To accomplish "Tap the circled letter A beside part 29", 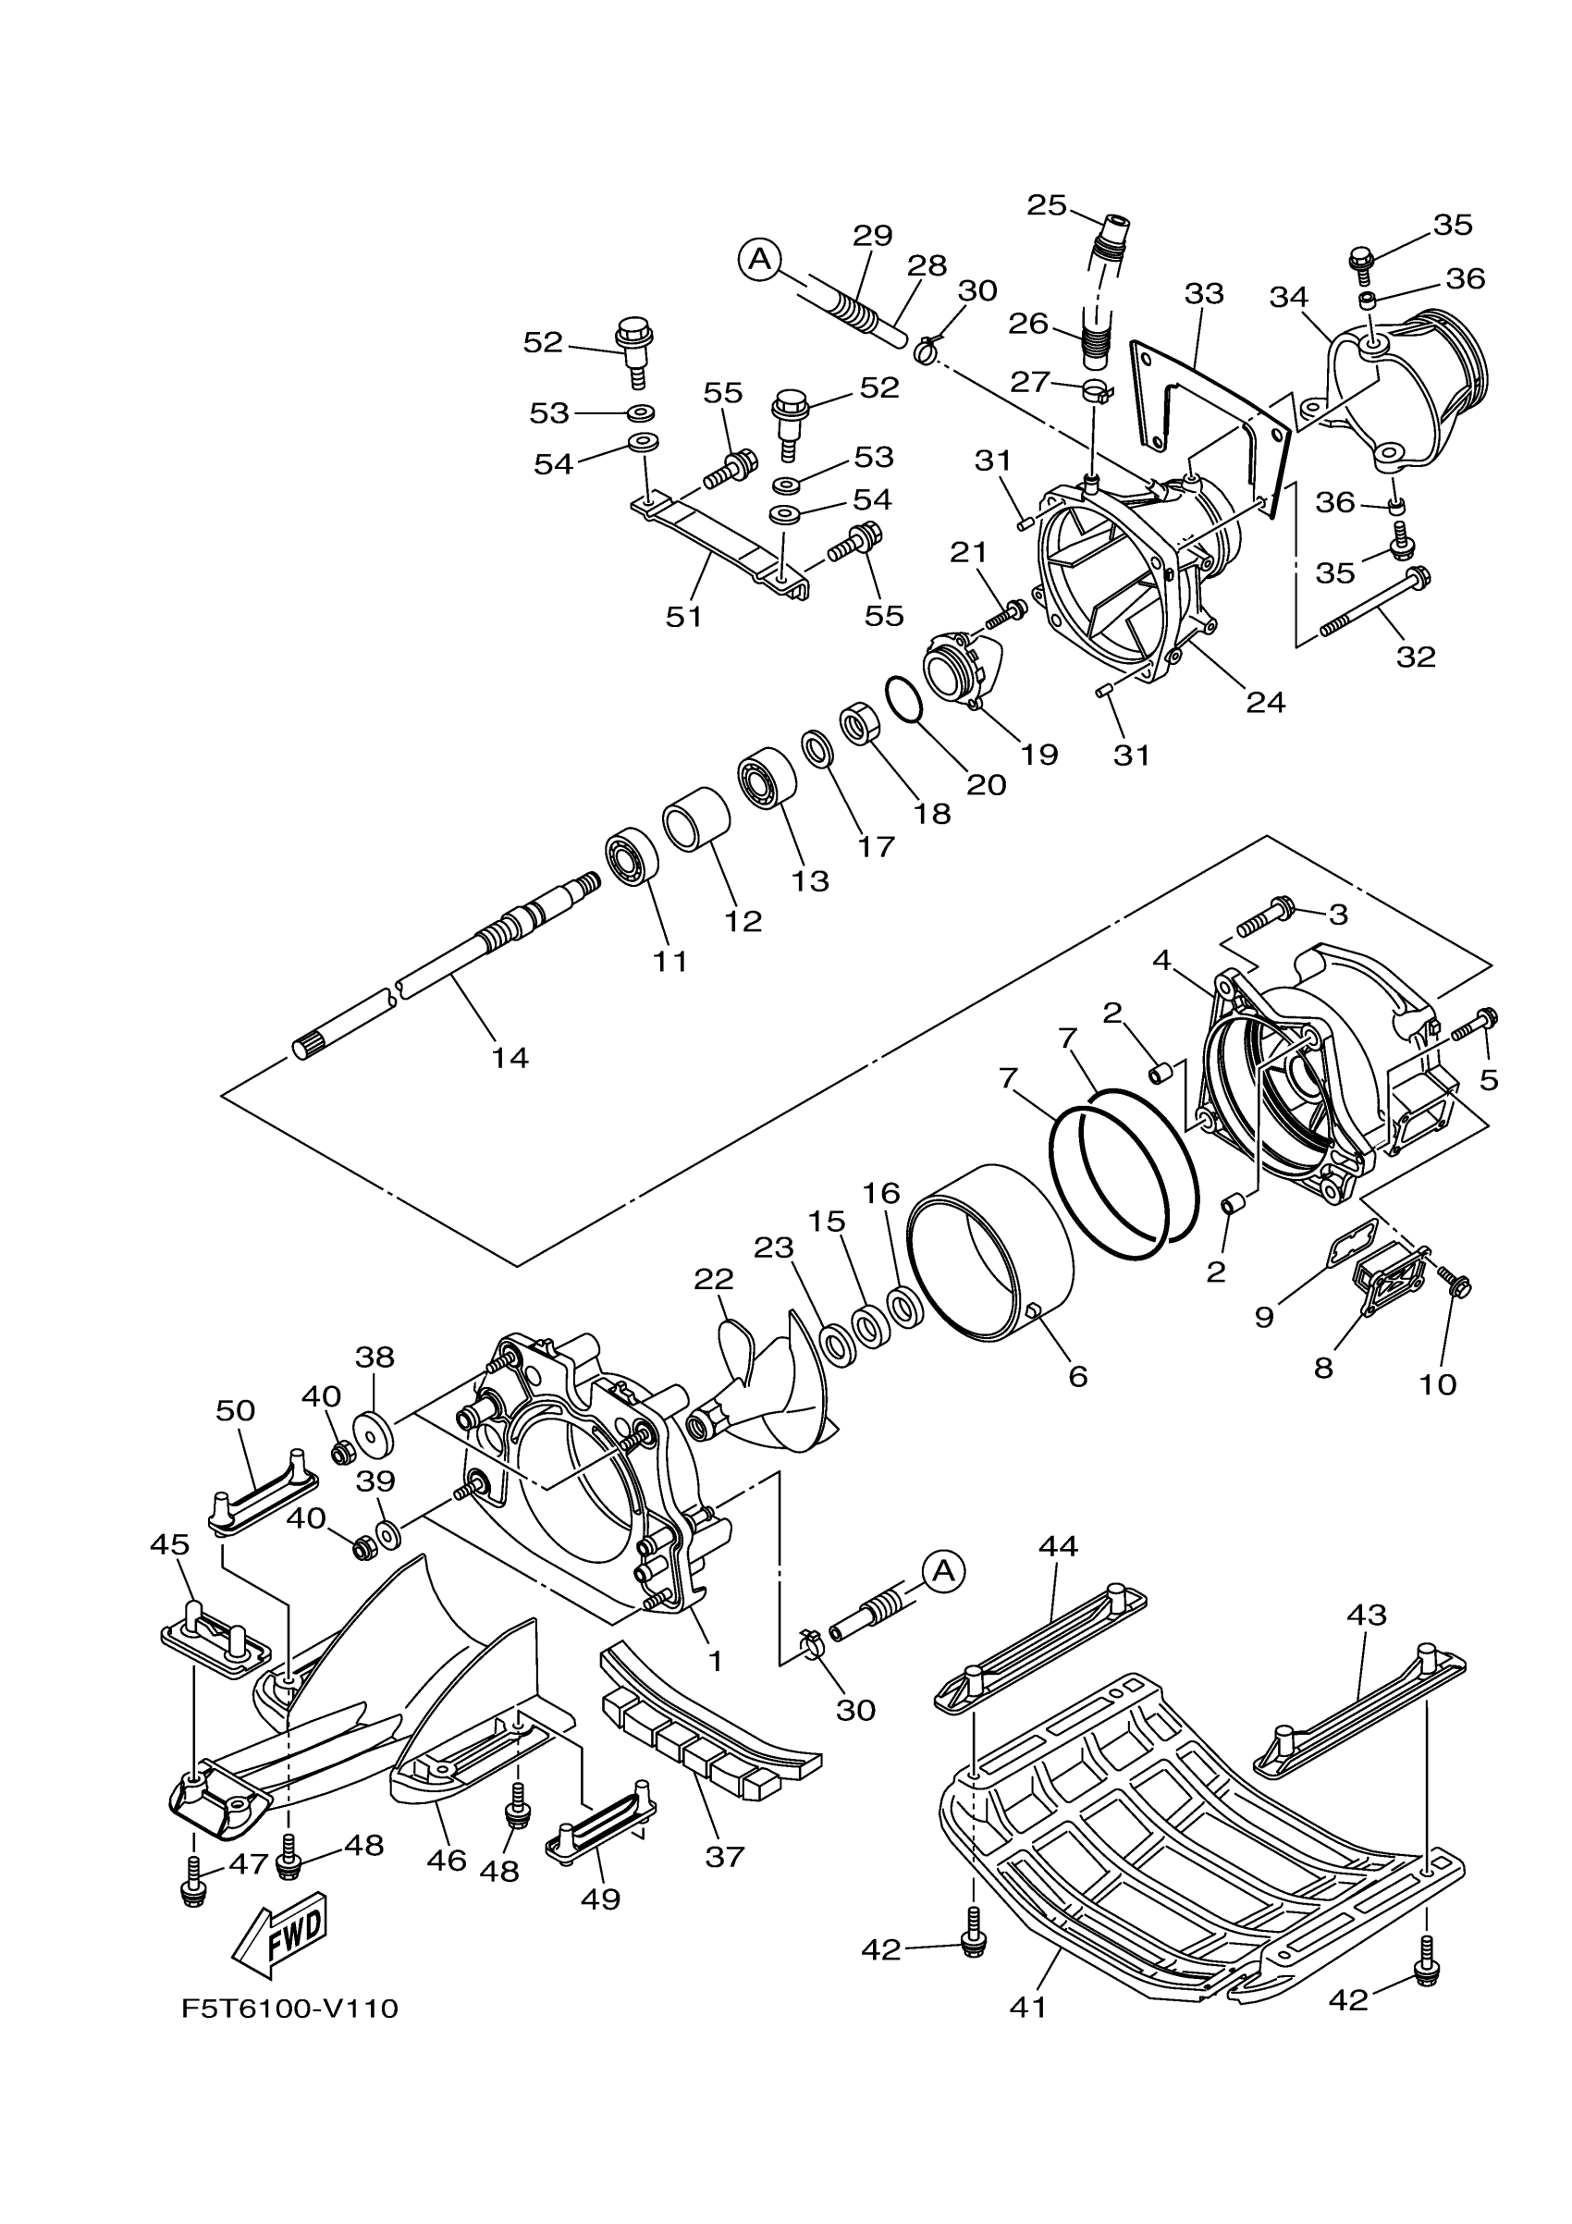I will click(x=760, y=259).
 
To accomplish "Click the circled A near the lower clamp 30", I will click(x=943, y=1571).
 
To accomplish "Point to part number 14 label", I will click(x=510, y=1057).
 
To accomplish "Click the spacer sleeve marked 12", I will click(x=696, y=818).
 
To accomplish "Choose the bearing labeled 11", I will click(x=632, y=856).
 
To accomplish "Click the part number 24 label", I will click(x=1266, y=701).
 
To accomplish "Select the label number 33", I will click(x=1204, y=293).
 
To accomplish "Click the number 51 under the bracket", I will click(x=683, y=616).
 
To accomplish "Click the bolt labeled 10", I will click(x=1454, y=1284).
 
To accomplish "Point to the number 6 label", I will click(x=1078, y=1374).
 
